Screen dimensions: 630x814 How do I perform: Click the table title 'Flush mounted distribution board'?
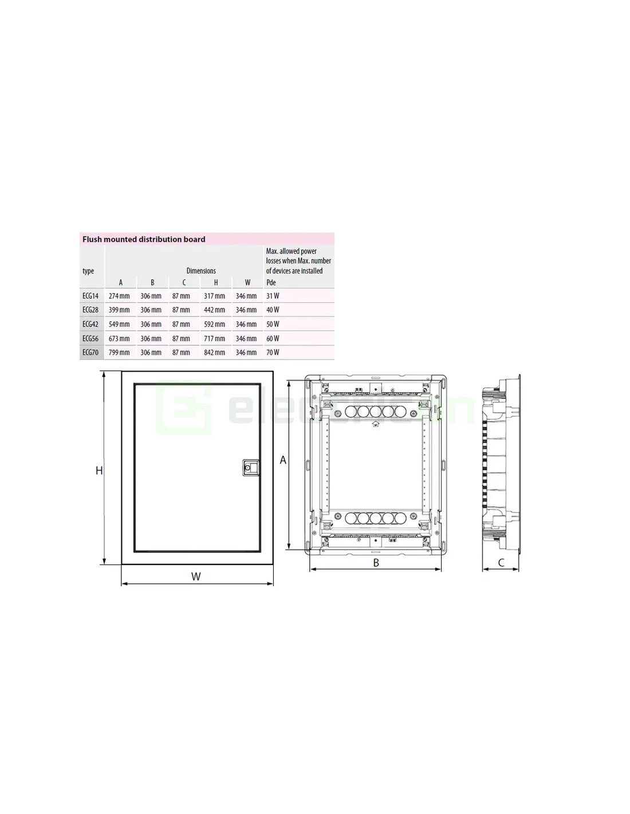(x=144, y=239)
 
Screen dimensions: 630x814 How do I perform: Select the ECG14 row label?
(x=90, y=296)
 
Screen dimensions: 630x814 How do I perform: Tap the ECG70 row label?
(x=90, y=352)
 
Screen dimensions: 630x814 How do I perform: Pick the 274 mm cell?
(x=119, y=296)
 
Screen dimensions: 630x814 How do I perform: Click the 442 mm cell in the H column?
(x=214, y=310)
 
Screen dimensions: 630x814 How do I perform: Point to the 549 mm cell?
(x=119, y=324)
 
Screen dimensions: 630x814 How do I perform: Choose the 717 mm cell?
(x=214, y=338)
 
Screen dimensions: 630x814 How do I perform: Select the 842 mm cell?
(x=214, y=352)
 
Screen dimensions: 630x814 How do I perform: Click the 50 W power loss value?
(x=273, y=324)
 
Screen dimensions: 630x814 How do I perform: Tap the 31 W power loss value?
(x=273, y=296)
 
